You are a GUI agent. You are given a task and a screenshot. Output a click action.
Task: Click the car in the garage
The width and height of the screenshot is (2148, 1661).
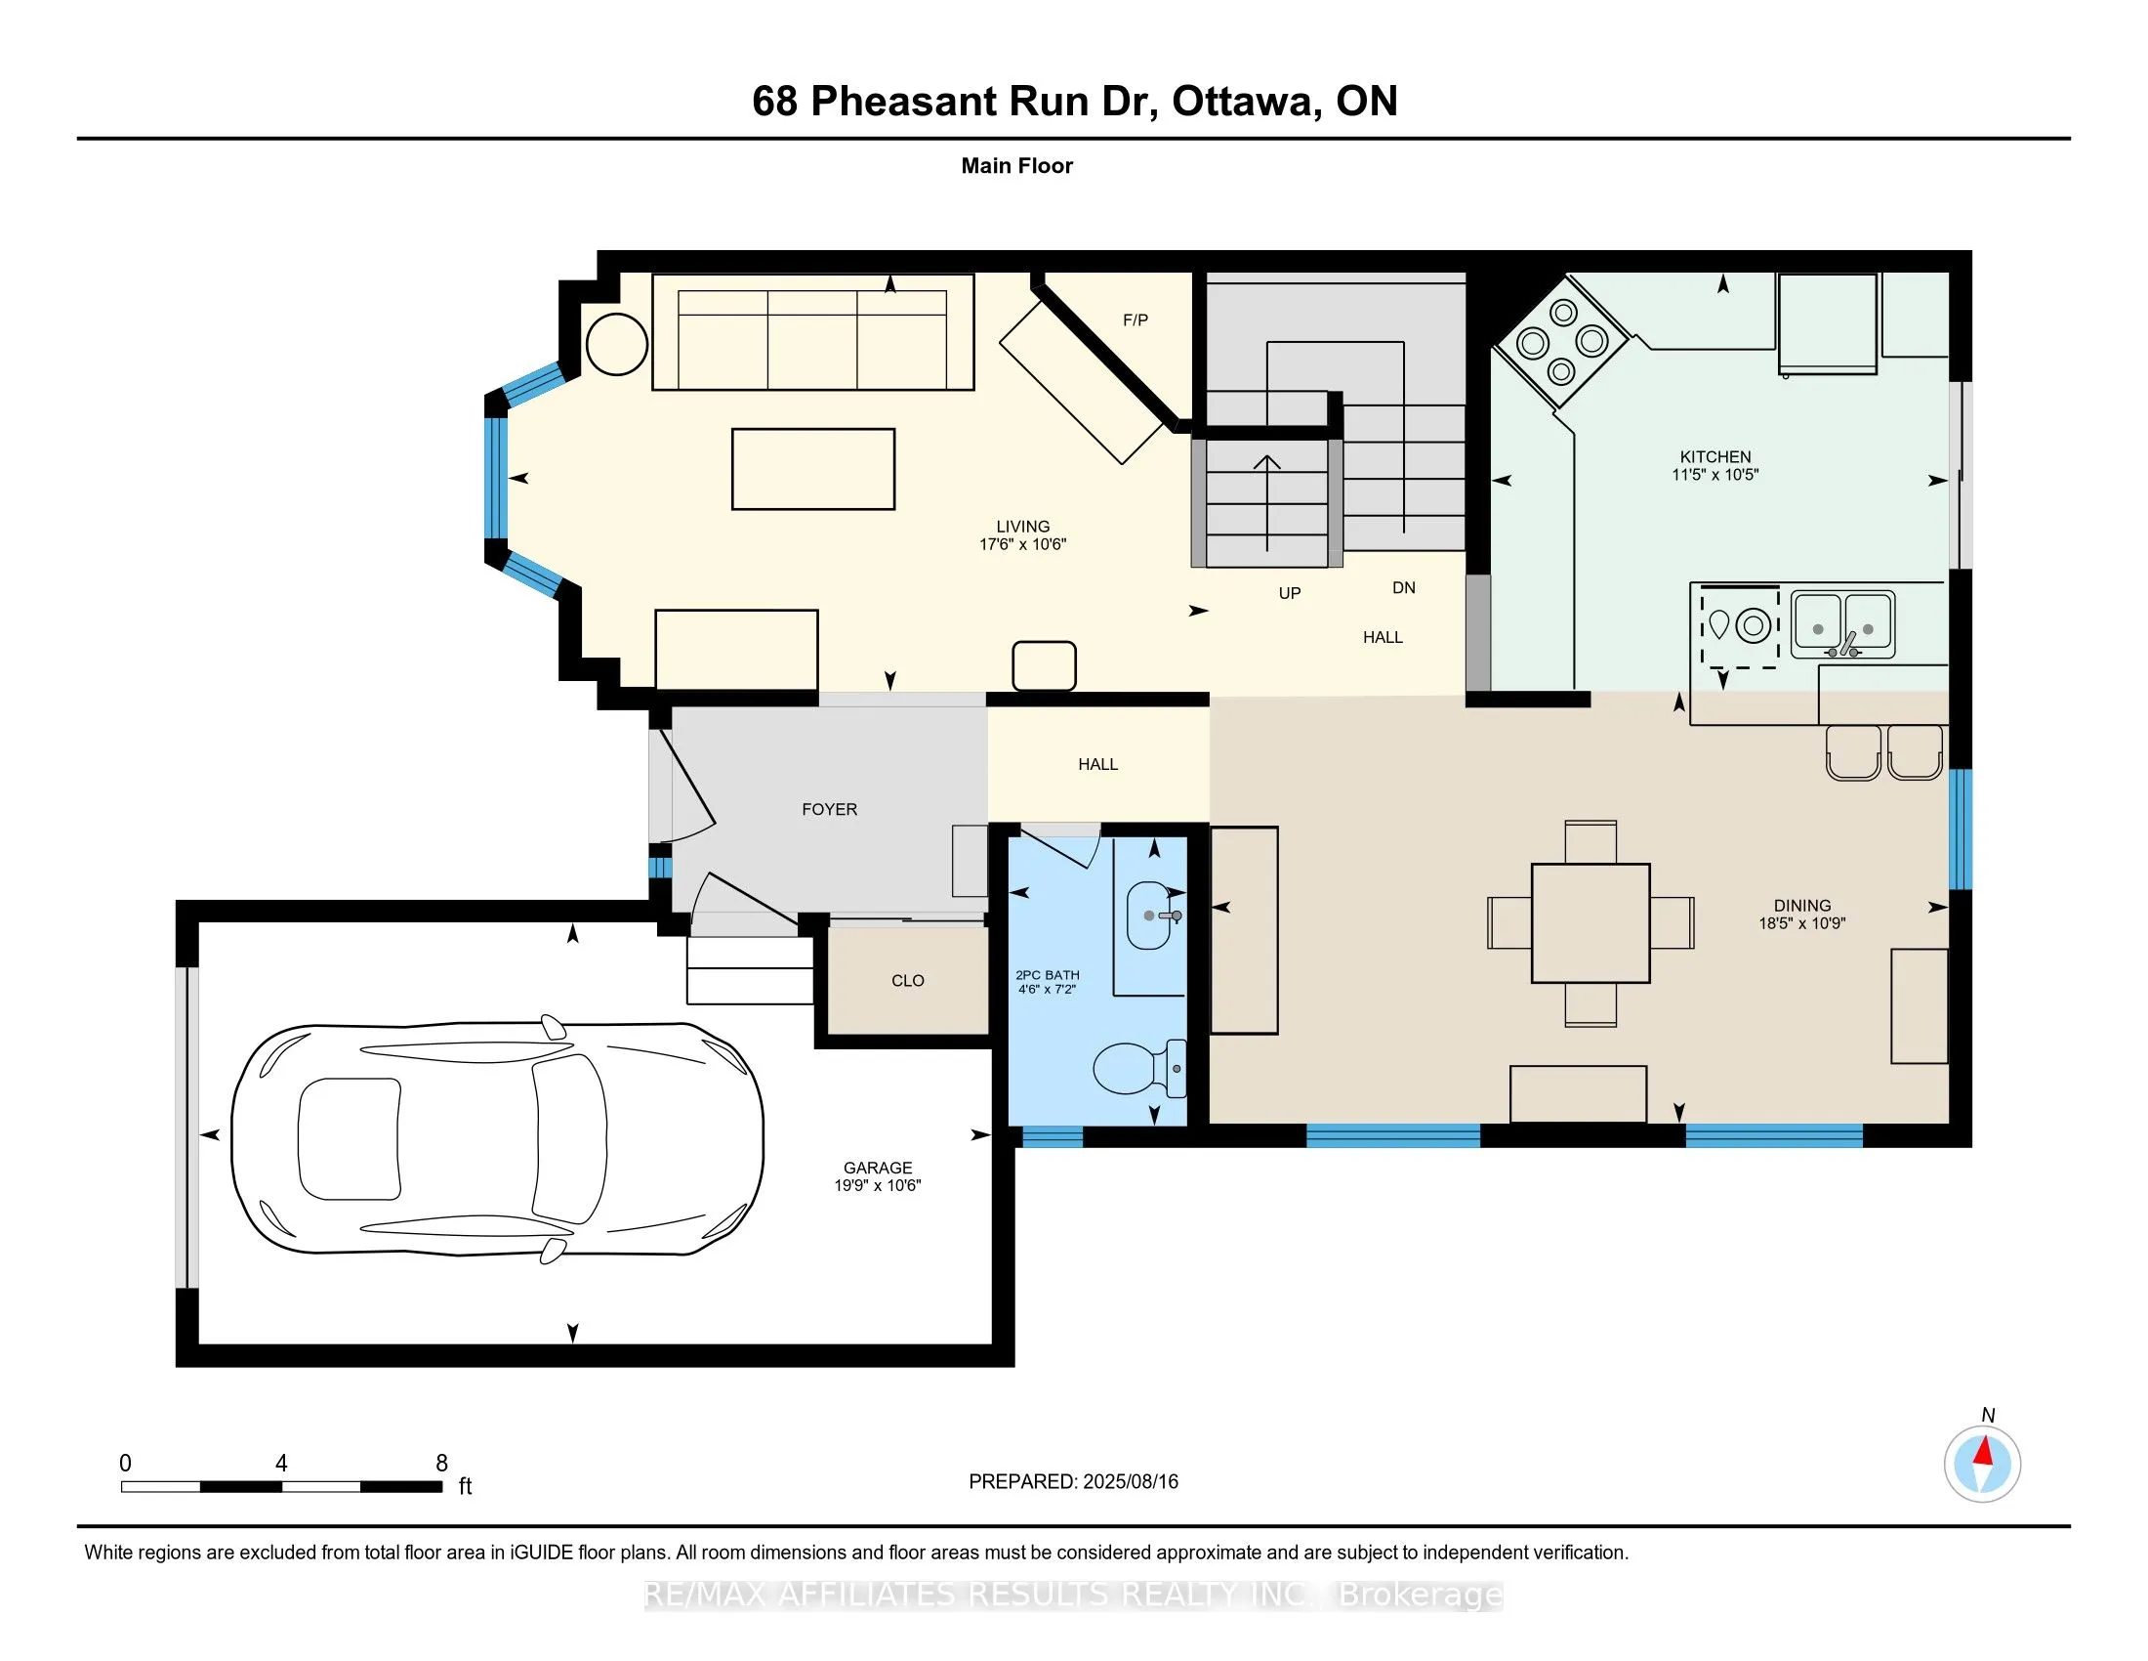(x=497, y=1138)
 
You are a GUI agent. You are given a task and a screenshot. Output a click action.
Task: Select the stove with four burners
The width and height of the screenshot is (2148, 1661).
(x=1561, y=341)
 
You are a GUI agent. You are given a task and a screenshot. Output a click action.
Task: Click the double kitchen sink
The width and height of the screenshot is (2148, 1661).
(x=1842, y=624)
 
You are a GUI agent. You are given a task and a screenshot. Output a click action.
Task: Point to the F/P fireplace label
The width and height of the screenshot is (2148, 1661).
(x=1135, y=319)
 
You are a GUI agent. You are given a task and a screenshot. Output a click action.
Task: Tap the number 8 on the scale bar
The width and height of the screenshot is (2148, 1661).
(x=441, y=1464)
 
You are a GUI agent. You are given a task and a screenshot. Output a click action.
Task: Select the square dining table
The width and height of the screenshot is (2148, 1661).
(x=1590, y=923)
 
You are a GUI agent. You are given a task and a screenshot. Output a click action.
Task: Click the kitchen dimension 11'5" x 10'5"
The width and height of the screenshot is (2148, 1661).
(x=1714, y=474)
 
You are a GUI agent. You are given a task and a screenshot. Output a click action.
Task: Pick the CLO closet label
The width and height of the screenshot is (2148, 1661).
(x=907, y=981)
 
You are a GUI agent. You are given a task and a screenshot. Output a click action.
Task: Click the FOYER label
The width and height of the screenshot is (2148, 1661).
(x=829, y=809)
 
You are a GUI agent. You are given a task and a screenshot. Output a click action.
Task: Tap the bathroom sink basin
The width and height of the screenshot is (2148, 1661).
(x=1148, y=916)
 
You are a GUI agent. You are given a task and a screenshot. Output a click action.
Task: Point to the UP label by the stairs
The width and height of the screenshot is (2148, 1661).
(x=1289, y=593)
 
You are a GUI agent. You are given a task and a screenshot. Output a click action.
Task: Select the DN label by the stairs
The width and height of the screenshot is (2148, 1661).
(x=1403, y=587)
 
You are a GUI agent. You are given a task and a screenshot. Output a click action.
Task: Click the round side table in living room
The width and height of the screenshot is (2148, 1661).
(x=617, y=343)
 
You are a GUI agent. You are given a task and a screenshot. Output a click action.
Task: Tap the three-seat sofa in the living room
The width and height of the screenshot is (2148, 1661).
(x=812, y=332)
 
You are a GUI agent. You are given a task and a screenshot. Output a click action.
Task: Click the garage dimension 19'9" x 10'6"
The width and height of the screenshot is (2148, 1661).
(x=878, y=1186)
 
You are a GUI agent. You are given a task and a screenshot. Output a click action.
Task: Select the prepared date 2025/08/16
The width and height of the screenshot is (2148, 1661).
(x=1129, y=1482)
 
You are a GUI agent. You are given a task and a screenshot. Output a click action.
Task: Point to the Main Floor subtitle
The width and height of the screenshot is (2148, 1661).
(x=1016, y=165)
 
